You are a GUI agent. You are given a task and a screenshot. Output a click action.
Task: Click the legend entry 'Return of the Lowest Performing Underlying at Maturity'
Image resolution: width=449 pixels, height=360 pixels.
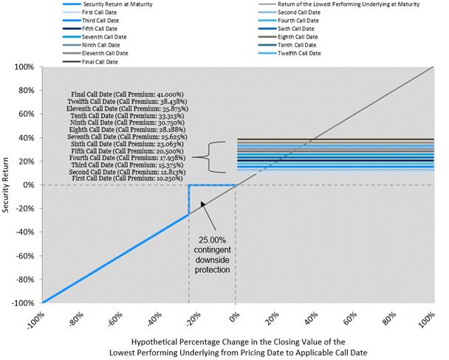340,4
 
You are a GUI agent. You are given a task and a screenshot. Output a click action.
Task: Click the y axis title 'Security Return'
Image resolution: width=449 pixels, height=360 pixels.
7,184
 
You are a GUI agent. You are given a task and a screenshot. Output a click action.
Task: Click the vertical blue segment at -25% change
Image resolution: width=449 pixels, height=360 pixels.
189,199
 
